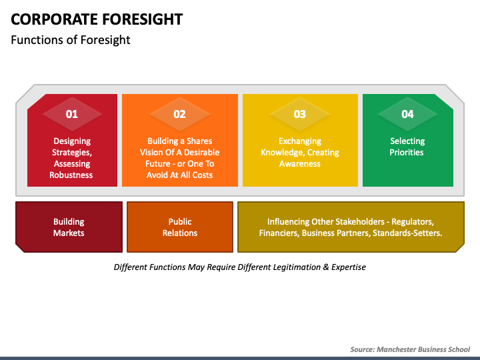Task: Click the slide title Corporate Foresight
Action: click(x=97, y=19)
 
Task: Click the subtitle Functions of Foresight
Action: click(x=71, y=40)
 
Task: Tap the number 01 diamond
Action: click(x=72, y=114)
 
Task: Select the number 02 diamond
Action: click(x=179, y=114)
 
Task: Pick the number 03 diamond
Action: click(x=300, y=114)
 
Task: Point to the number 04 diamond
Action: click(x=407, y=114)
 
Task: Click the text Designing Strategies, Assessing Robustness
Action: click(x=71, y=158)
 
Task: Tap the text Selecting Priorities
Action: click(x=407, y=147)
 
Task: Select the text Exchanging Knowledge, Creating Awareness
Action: click(x=300, y=152)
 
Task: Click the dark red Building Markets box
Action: click(x=69, y=227)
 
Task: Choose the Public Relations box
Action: click(x=180, y=227)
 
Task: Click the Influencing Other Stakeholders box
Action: click(x=351, y=227)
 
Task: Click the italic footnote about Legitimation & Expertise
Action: click(x=240, y=267)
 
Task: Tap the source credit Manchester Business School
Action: click(x=410, y=349)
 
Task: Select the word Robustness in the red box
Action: click(x=71, y=175)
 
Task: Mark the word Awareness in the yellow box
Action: click(x=300, y=164)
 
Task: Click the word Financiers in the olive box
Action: click(x=282, y=233)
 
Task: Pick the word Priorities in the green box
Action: click(x=407, y=153)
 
